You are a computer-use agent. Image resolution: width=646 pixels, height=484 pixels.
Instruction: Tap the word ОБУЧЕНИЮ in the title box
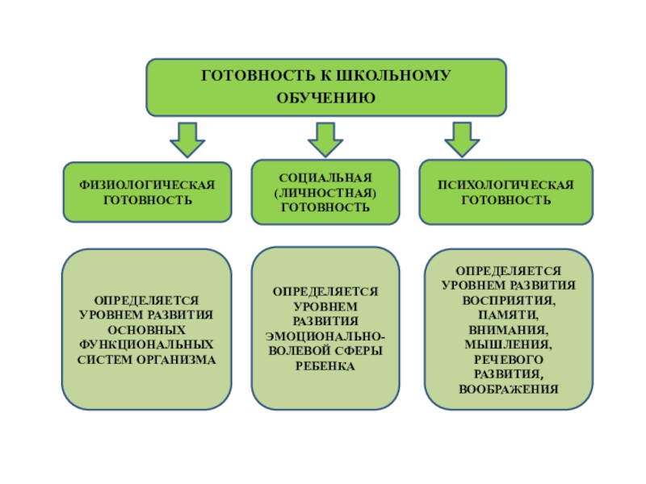(x=326, y=99)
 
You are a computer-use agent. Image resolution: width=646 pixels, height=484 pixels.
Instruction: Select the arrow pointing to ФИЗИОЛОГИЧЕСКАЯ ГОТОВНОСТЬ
(x=187, y=139)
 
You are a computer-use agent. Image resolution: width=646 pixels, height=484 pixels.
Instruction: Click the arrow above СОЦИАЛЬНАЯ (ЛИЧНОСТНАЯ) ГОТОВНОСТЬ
(x=325, y=139)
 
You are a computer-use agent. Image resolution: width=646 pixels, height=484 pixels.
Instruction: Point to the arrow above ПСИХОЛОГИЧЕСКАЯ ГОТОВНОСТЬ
(x=462, y=139)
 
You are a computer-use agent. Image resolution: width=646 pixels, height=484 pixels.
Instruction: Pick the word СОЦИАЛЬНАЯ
(x=325, y=177)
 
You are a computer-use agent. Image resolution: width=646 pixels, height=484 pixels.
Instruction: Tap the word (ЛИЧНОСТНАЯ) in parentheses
(x=325, y=192)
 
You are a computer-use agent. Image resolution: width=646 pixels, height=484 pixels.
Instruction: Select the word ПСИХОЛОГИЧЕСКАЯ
(x=505, y=185)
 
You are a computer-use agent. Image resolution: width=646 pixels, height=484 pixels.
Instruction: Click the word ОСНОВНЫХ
(x=147, y=330)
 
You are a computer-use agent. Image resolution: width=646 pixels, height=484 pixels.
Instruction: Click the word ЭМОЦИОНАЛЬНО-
(x=325, y=334)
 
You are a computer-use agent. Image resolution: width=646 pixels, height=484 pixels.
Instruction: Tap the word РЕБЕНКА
(x=325, y=365)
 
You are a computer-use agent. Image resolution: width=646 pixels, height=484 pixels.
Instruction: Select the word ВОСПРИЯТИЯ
(x=509, y=299)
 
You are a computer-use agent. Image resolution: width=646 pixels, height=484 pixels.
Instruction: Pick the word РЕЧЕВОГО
(x=509, y=360)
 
